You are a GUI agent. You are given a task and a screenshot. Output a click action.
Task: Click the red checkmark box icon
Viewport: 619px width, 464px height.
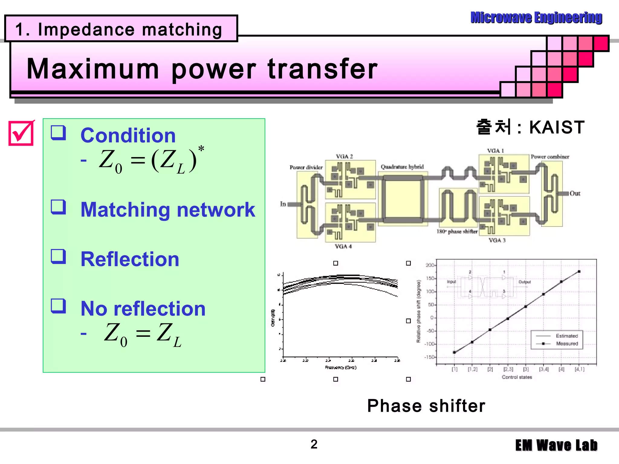click(21, 133)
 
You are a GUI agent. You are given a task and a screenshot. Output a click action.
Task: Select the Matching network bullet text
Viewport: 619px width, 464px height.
click(168, 209)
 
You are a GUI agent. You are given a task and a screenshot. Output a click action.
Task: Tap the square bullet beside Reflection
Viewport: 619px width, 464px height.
click(58, 257)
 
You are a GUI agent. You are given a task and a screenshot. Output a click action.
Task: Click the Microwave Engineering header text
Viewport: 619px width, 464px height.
click(536, 18)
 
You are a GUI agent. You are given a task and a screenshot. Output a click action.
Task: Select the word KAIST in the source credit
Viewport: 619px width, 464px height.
click(557, 127)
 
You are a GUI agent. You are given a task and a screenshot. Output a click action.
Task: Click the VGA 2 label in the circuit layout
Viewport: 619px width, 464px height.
click(344, 156)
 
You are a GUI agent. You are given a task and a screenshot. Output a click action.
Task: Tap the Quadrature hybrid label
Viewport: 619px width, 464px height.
click(402, 167)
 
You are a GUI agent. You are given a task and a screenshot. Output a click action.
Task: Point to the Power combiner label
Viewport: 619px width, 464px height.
click(550, 157)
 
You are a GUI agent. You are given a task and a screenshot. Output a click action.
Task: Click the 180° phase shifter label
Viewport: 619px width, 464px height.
click(457, 232)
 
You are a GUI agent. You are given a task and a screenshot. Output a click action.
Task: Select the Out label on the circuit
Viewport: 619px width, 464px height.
click(575, 193)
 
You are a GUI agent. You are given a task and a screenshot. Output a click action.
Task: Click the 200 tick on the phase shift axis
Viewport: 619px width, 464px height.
click(429, 265)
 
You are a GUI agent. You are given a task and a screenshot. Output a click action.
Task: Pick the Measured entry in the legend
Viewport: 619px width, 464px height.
click(567, 344)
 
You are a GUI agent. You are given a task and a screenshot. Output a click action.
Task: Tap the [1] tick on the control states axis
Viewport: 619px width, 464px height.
click(455, 369)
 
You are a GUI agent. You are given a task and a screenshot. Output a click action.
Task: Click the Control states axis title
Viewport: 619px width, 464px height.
click(517, 377)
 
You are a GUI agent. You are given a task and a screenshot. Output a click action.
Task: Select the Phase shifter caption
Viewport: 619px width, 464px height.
click(426, 406)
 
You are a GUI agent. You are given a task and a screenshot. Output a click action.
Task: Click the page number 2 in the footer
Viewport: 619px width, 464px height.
click(314, 444)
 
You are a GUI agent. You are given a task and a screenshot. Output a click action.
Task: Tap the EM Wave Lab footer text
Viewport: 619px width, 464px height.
click(556, 446)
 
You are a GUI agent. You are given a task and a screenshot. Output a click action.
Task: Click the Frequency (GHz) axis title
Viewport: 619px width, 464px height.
click(341, 368)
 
